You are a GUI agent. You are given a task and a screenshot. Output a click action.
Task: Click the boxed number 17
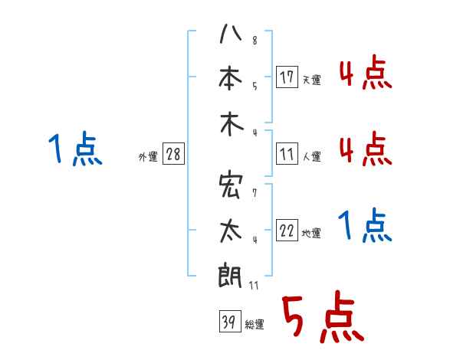[x=287, y=77]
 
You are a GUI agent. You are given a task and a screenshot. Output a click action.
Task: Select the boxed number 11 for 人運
[x=287, y=155]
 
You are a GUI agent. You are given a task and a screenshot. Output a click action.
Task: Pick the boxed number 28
[x=174, y=155]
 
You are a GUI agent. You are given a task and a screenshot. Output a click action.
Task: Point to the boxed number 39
[x=228, y=322]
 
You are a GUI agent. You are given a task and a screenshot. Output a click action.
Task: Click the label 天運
[x=311, y=79]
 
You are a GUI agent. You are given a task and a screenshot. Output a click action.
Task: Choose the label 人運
[x=311, y=157]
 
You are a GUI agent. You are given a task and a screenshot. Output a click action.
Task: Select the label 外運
[x=148, y=156]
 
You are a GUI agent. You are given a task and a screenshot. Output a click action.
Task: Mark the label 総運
[x=255, y=325]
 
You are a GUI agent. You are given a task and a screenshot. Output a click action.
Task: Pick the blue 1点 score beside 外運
[x=75, y=149]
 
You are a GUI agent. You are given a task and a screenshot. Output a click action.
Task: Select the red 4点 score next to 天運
[x=365, y=74]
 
